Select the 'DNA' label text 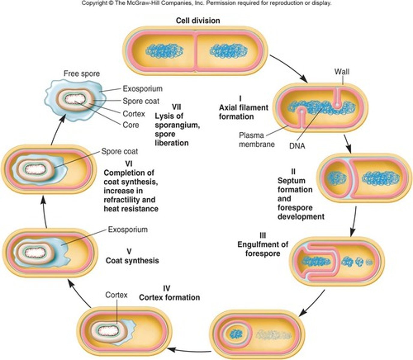[x=297, y=146]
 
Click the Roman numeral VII [x=176, y=106]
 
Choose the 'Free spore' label [x=82, y=73]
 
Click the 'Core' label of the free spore [x=131, y=124]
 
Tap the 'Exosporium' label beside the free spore [x=143, y=89]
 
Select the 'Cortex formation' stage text [x=170, y=297]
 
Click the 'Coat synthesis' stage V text [x=132, y=260]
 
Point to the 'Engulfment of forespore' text [x=263, y=249]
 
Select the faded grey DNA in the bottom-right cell [x=273, y=334]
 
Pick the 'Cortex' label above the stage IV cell [x=116, y=295]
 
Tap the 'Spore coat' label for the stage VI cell [x=119, y=151]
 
